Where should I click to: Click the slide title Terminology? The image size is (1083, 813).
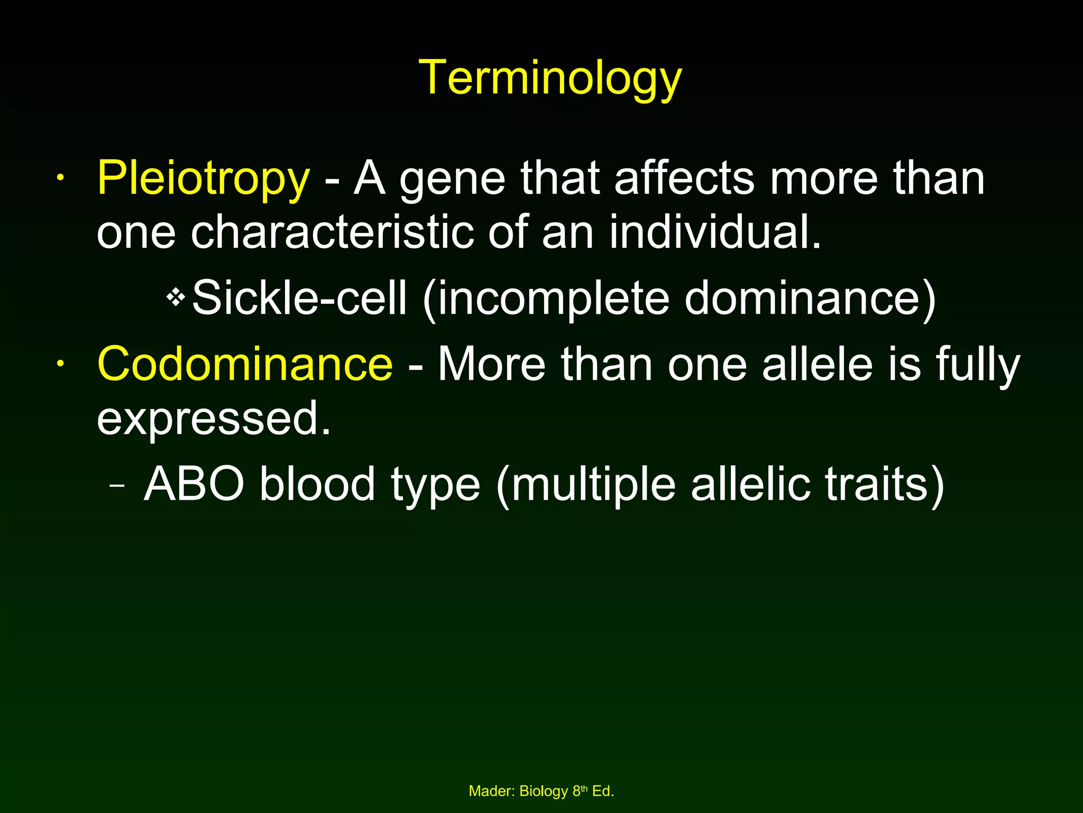(550, 78)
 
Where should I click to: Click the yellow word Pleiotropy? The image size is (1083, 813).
(203, 179)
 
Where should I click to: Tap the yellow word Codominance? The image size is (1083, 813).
(245, 364)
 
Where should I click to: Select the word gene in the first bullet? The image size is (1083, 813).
(452, 180)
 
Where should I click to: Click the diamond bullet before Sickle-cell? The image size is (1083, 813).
(175, 298)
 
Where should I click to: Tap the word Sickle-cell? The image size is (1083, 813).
(299, 298)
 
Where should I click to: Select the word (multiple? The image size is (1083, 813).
(586, 485)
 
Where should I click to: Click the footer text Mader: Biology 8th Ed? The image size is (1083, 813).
(541, 791)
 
